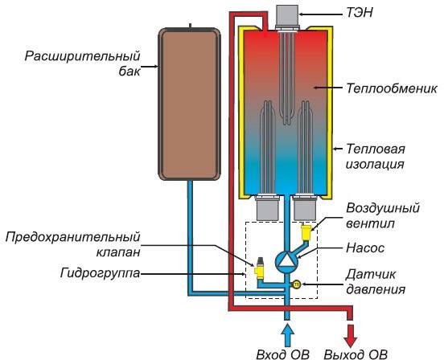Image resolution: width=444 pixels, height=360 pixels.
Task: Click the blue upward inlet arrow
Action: pyautogui.click(x=288, y=332)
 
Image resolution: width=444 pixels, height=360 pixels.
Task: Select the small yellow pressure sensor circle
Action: pyautogui.click(x=296, y=284)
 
